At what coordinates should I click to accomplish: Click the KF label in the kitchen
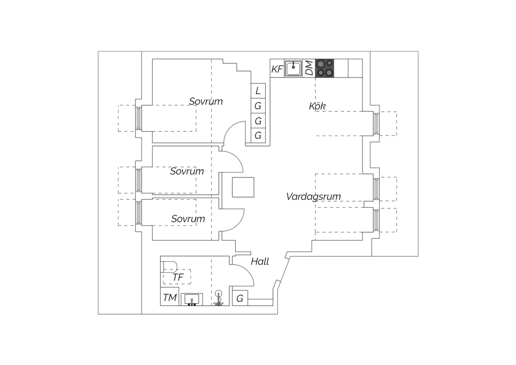click(x=277, y=69)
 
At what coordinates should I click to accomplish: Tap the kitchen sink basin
click(x=293, y=68)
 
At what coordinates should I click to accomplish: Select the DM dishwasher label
click(x=309, y=68)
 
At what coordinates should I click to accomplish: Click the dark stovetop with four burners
click(x=325, y=68)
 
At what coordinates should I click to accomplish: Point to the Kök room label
click(x=317, y=106)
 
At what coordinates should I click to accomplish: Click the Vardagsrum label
click(x=313, y=197)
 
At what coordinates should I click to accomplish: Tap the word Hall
click(x=260, y=261)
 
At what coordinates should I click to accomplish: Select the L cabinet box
click(x=258, y=91)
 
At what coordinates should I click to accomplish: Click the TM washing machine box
click(x=170, y=296)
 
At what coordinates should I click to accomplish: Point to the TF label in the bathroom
click(x=178, y=278)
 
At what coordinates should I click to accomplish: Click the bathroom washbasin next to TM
click(x=192, y=300)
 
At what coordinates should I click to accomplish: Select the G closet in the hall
click(x=240, y=298)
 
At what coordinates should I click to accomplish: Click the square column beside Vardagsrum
click(x=243, y=187)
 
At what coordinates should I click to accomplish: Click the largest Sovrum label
click(x=206, y=102)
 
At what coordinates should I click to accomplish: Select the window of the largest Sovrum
click(x=138, y=118)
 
